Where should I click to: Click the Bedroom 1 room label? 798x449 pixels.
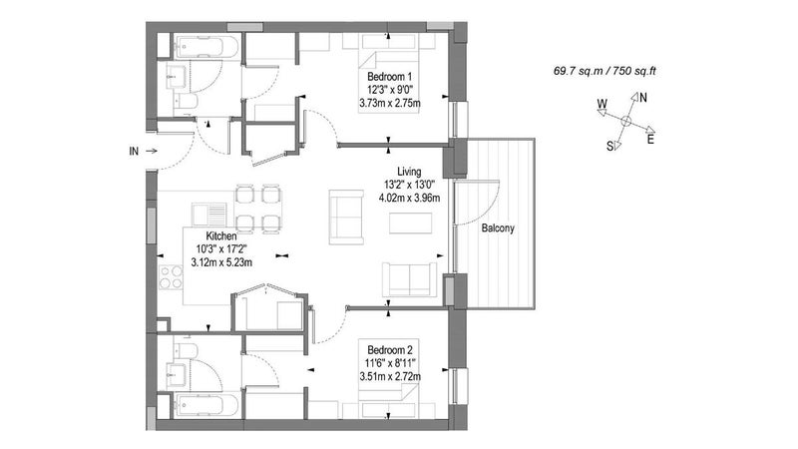[x=389, y=77]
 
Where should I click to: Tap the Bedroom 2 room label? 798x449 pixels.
[x=390, y=350]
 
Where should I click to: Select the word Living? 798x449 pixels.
[x=409, y=172]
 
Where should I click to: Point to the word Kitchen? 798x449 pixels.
[x=221, y=236]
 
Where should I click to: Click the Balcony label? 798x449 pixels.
[x=498, y=228]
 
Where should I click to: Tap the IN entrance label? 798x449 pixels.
[x=134, y=152]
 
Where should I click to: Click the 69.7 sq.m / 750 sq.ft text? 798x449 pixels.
[x=604, y=71]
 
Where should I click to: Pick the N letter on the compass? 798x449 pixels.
[x=643, y=97]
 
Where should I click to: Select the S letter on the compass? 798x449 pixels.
[x=609, y=147]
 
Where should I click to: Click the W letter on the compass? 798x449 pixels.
[x=602, y=104]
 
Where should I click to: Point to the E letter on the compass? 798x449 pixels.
[x=650, y=139]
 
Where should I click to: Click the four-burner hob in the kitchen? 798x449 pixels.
[x=171, y=277]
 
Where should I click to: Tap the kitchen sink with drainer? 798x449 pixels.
[x=209, y=214]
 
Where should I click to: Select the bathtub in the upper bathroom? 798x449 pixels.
[x=206, y=47]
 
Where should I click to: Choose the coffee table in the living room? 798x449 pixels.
[x=411, y=223]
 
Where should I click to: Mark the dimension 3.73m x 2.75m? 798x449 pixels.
[x=390, y=104]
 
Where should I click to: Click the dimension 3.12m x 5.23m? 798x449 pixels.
[x=221, y=262]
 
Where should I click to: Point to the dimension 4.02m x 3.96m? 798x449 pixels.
[x=409, y=198]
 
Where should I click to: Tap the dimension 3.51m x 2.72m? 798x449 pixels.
[x=390, y=377]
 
